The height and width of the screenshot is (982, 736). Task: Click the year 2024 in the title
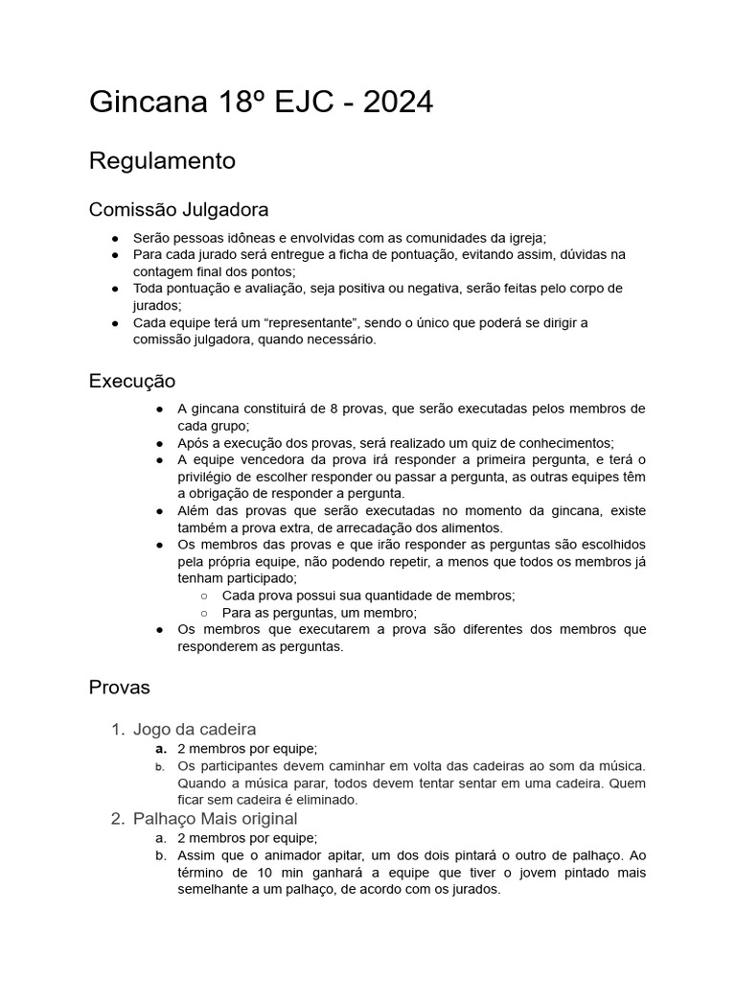[395, 102]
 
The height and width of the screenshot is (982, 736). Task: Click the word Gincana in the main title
[143, 102]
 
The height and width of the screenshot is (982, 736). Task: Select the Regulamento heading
[162, 160]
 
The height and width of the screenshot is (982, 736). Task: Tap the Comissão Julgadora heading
[178, 208]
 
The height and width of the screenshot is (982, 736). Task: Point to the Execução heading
[132, 381]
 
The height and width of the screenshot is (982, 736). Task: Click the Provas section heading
[120, 687]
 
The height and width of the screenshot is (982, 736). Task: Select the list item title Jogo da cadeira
[195, 729]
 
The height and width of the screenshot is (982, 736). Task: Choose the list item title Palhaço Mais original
[215, 818]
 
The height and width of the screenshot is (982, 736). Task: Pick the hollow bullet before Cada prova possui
[204, 596]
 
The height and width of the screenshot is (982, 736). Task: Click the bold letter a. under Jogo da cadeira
[161, 748]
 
